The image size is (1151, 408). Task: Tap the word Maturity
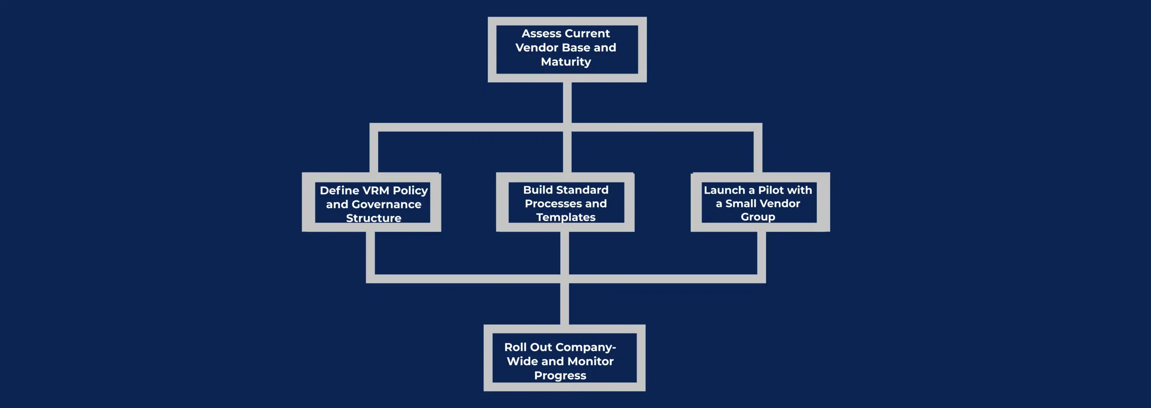coord(566,62)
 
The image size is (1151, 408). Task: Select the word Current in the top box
coord(588,33)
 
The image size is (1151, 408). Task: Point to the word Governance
coord(386,204)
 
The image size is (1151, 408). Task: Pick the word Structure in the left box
coord(374,218)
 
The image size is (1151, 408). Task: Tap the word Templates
coord(566,217)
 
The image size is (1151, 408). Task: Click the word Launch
coord(724,190)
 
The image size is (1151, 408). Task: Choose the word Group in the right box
coord(758,217)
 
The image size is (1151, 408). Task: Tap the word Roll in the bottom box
coord(515,347)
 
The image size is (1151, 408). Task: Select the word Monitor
coord(591,361)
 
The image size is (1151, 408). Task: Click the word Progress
coord(560,375)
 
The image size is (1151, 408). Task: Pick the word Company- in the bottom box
coord(585,347)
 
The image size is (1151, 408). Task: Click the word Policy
coord(410,191)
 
